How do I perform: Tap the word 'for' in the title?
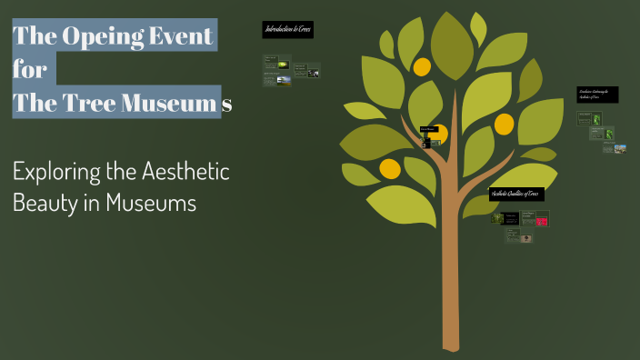click(x=29, y=70)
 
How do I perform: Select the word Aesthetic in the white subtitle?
click(x=185, y=171)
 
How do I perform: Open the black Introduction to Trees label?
click(x=287, y=30)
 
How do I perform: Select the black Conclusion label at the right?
click(x=597, y=95)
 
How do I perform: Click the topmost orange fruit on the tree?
click(x=422, y=66)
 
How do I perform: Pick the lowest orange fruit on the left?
click(x=390, y=168)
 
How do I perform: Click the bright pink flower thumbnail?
click(x=542, y=219)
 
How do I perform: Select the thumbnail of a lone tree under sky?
click(x=284, y=80)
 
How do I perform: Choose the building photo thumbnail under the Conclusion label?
click(x=620, y=148)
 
